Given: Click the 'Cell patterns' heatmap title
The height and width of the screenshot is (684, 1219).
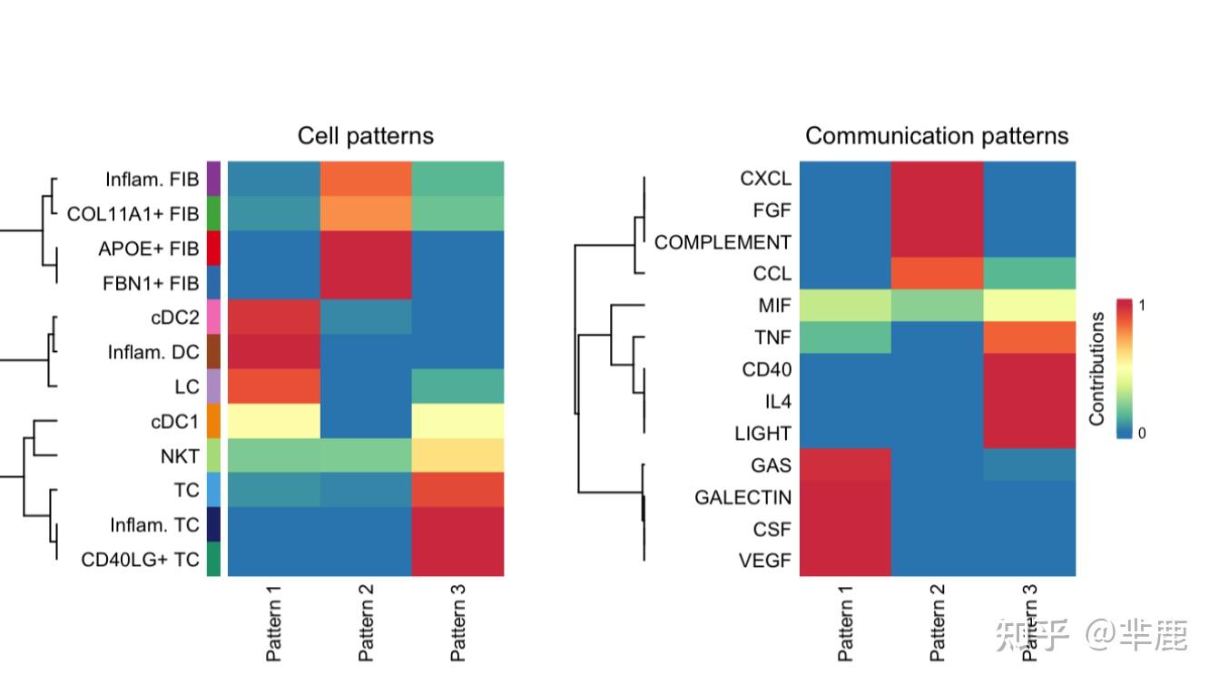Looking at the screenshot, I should (x=366, y=136).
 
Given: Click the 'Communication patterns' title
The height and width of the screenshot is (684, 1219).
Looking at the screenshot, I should (x=937, y=136).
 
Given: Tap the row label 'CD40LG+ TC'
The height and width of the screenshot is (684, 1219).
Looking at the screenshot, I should (x=140, y=560).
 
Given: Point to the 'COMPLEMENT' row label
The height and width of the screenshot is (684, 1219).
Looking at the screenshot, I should (x=723, y=242).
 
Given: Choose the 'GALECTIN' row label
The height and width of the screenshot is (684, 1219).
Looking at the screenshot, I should (x=742, y=497).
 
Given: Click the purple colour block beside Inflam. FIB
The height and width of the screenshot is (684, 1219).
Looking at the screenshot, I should (x=214, y=179).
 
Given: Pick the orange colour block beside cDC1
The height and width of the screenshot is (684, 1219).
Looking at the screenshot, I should (x=214, y=421).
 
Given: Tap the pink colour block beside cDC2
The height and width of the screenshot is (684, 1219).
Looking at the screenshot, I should (x=214, y=318).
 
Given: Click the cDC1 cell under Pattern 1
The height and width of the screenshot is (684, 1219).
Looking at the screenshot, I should (x=274, y=421).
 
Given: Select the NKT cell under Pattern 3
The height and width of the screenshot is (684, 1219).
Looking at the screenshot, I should (x=457, y=455).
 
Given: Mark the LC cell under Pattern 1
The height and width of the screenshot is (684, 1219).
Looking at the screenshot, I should (x=274, y=386).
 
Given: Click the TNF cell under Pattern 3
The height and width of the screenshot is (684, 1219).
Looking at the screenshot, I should (x=1029, y=337).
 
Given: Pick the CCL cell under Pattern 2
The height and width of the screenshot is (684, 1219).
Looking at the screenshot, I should (x=938, y=274).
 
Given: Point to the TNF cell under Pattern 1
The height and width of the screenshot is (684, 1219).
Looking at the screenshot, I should (x=846, y=337).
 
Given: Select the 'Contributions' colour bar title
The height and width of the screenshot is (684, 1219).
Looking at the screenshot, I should (x=1097, y=369).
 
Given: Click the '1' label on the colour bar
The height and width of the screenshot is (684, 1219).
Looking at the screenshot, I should (x=1142, y=306).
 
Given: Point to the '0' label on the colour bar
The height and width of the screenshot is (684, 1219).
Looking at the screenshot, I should (x=1142, y=434).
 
